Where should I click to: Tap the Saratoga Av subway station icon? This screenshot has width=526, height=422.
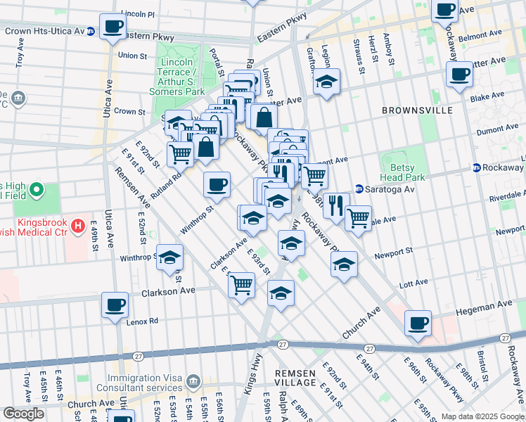[x=359, y=188]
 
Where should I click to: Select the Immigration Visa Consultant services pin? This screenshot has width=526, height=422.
[x=193, y=382]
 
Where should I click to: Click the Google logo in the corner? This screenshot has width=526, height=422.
[x=23, y=414]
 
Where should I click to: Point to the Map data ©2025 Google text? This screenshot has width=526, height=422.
[x=482, y=416]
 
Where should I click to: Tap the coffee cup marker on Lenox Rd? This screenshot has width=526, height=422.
[x=115, y=305]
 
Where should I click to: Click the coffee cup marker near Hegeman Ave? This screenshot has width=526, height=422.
[x=418, y=323]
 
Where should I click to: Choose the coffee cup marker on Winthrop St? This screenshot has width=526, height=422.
[x=217, y=184]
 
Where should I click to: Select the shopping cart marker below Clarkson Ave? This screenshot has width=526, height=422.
[x=241, y=285]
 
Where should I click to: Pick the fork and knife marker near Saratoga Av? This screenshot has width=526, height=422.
[x=335, y=205]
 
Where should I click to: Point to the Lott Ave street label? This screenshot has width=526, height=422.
[x=413, y=283]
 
